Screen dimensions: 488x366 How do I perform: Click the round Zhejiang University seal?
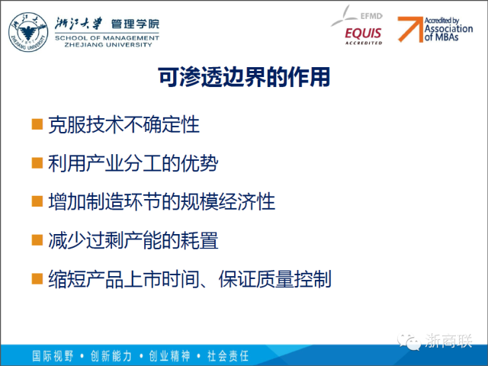click(28, 32)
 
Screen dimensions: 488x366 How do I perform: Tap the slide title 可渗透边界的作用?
click(244, 77)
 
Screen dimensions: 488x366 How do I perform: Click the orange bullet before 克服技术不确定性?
click(37, 124)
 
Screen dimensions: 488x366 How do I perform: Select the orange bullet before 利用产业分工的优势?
click(37, 162)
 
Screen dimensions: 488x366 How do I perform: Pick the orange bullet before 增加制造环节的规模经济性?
click(37, 201)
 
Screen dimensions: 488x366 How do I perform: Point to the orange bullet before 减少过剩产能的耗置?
click(37, 240)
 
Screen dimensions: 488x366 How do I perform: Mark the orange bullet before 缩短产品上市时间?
click(37, 278)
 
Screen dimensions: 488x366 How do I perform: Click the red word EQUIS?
click(363, 34)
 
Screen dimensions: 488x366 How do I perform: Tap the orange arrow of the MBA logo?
click(410, 29)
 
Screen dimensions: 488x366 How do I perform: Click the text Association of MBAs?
click(448, 33)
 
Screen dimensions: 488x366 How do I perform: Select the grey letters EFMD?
click(371, 16)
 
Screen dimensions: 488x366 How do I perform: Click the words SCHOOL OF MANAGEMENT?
click(107, 38)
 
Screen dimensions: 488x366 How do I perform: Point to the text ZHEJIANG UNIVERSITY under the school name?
click(108, 45)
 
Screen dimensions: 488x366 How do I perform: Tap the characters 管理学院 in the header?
click(135, 24)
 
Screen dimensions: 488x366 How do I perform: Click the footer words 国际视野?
click(53, 356)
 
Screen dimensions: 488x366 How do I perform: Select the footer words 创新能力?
click(111, 356)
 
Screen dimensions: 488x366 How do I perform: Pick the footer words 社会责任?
click(228, 356)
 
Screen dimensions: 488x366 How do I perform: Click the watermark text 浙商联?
click(448, 341)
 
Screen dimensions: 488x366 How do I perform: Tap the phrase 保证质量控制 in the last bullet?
click(274, 279)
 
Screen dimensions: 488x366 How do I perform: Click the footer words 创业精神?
click(169, 356)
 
